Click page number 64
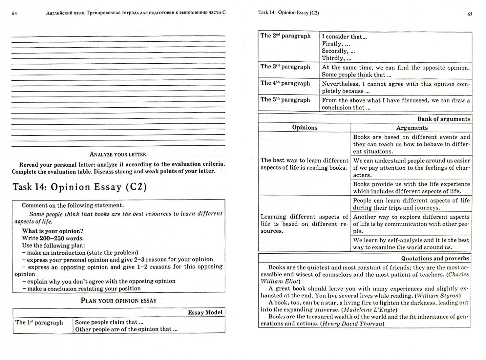pyautogui.click(x=14, y=13)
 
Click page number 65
pyautogui.click(x=470, y=14)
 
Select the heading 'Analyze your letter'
pyautogui.click(x=118, y=154)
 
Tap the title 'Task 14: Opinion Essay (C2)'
pyautogui.click(x=80, y=187)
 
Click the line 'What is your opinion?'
pyautogui.click(x=52, y=231)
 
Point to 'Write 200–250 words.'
pyautogui.click(x=53, y=238)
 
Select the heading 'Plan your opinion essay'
pyautogui.click(x=119, y=301)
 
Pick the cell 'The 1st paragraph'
pyautogui.click(x=39, y=322)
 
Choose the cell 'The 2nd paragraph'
pyautogui.click(x=285, y=36)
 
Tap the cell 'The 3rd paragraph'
pyautogui.click(x=285, y=67)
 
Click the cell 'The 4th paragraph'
pyautogui.click(x=285, y=83)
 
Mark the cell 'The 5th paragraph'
pyautogui.click(x=285, y=100)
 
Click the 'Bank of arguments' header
pyautogui.click(x=443, y=119)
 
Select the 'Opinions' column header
pyautogui.click(x=304, y=128)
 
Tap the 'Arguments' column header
pyautogui.click(x=412, y=128)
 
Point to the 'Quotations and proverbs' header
pyautogui.click(x=435, y=258)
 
